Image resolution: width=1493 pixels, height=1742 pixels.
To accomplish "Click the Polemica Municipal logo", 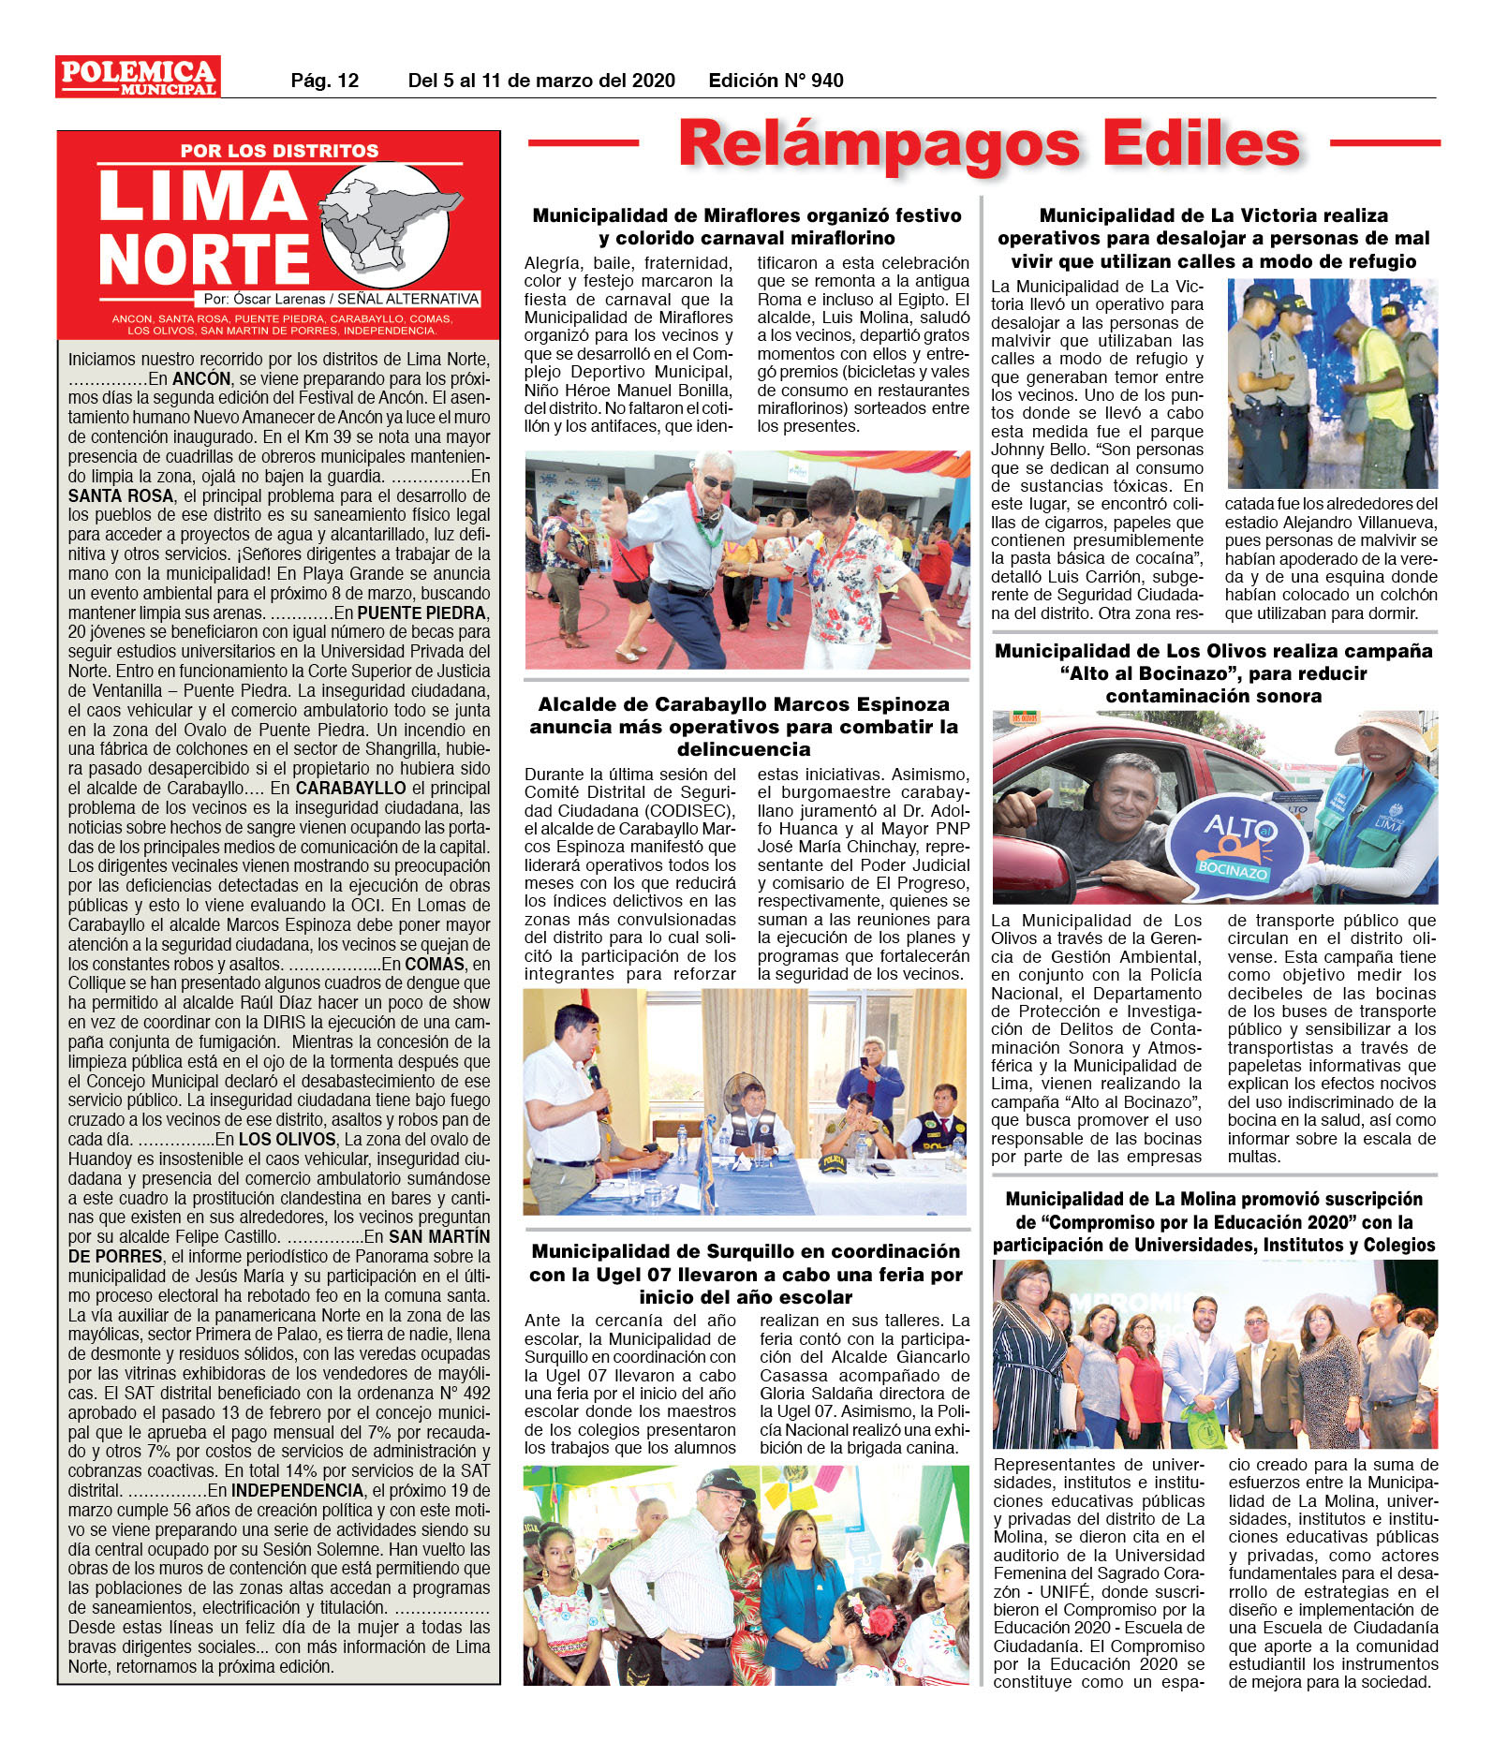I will coord(138,77).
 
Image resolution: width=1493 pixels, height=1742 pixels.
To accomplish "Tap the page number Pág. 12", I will coord(324,81).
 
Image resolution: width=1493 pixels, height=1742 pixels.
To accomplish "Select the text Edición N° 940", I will coord(776,81).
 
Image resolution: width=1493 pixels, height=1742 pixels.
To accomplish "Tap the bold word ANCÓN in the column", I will coord(201,378).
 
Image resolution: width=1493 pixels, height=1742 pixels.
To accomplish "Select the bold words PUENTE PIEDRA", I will coord(422,613).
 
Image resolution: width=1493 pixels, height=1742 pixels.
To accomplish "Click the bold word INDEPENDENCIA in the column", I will coord(297,1490).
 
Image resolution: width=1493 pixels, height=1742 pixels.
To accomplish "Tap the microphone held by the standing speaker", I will coord(595,1077).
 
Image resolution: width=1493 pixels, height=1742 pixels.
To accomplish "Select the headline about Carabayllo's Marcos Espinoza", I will coord(745,726).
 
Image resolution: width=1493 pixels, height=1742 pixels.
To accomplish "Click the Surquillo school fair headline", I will coord(746,1274).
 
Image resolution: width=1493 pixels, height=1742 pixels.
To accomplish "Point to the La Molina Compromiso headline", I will coord(1214,1221).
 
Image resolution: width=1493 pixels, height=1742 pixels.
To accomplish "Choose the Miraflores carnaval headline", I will coord(746,227).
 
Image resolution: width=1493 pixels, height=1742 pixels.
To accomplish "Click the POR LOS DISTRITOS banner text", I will coord(279,151).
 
